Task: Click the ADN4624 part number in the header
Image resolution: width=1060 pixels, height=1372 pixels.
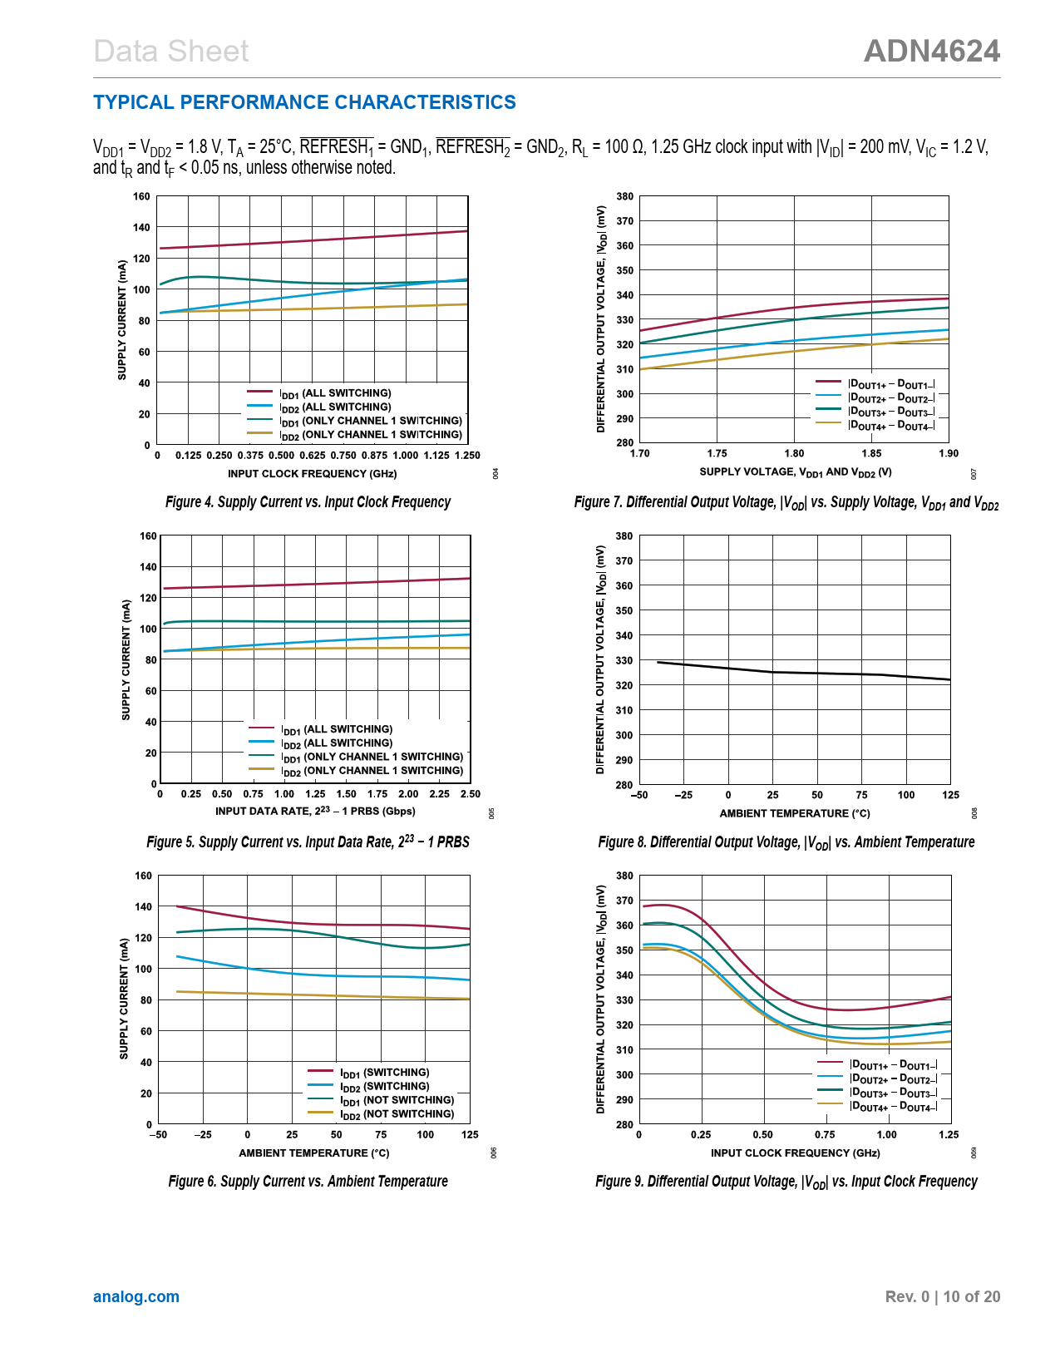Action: click(931, 52)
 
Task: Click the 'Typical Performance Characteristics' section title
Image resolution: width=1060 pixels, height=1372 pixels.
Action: click(304, 102)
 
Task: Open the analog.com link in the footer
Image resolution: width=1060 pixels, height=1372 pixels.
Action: click(136, 1296)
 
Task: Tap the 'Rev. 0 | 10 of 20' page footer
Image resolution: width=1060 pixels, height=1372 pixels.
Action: click(942, 1296)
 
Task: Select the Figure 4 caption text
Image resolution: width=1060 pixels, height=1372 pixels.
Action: click(308, 502)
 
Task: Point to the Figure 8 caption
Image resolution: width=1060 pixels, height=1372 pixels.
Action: click(786, 842)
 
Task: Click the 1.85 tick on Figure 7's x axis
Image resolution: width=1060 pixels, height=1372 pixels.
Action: click(871, 454)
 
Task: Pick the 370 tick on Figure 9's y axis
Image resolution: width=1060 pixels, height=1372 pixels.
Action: click(624, 901)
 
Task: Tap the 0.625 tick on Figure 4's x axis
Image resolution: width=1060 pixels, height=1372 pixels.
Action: click(313, 456)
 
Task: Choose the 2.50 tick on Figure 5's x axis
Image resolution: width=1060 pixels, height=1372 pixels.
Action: click(471, 794)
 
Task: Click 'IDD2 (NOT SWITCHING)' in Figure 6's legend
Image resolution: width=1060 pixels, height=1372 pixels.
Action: click(397, 1114)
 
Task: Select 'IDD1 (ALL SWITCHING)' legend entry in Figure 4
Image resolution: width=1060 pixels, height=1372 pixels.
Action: click(335, 393)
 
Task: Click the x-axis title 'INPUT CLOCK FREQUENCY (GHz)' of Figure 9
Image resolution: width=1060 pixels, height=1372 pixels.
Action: click(795, 1153)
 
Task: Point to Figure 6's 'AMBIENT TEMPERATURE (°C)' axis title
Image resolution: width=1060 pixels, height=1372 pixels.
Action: click(313, 1153)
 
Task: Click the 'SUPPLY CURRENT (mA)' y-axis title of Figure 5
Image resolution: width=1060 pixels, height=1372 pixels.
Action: click(126, 659)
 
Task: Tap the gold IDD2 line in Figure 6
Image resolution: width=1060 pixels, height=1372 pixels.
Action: click(333, 995)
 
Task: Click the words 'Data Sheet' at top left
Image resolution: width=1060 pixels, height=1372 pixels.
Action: click(171, 52)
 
